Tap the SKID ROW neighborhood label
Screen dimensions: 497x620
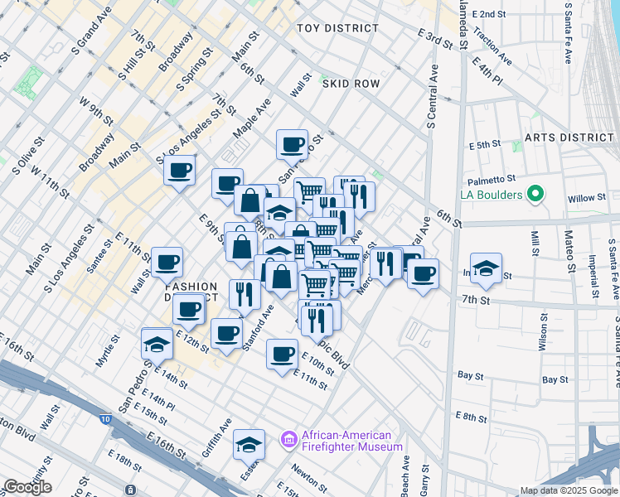pos(351,84)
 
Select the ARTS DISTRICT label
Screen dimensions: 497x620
pos(568,138)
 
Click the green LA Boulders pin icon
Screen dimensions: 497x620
pos(535,195)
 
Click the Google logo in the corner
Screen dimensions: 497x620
pos(27,487)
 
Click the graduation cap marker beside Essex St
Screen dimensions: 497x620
pos(249,446)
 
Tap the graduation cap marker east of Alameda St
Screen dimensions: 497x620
pos(486,268)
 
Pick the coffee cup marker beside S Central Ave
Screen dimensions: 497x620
pos(423,274)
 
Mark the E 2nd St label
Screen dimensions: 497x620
pos(488,14)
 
